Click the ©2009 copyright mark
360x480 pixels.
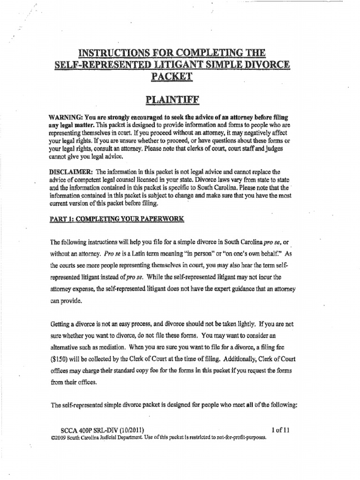(x=58, y=437)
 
